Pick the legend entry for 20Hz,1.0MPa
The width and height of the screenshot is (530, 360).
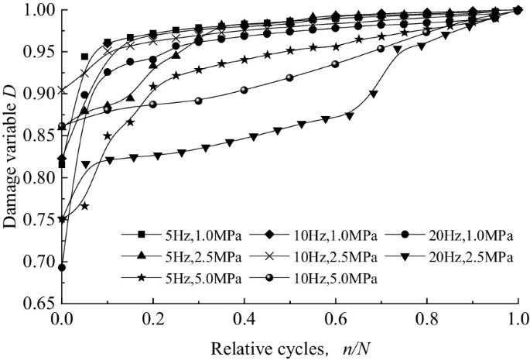pyautogui.click(x=456, y=235)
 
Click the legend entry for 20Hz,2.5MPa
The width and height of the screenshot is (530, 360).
pyautogui.click(x=456, y=255)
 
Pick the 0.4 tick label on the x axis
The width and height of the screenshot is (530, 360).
pyautogui.click(x=244, y=317)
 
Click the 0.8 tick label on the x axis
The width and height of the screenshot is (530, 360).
pyautogui.click(x=427, y=317)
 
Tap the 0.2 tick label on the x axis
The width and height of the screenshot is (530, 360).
pyautogui.click(x=153, y=317)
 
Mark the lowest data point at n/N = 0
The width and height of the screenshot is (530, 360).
pyautogui.click(x=62, y=267)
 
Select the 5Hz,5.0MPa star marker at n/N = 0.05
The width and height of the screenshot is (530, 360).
pyautogui.click(x=84, y=206)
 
